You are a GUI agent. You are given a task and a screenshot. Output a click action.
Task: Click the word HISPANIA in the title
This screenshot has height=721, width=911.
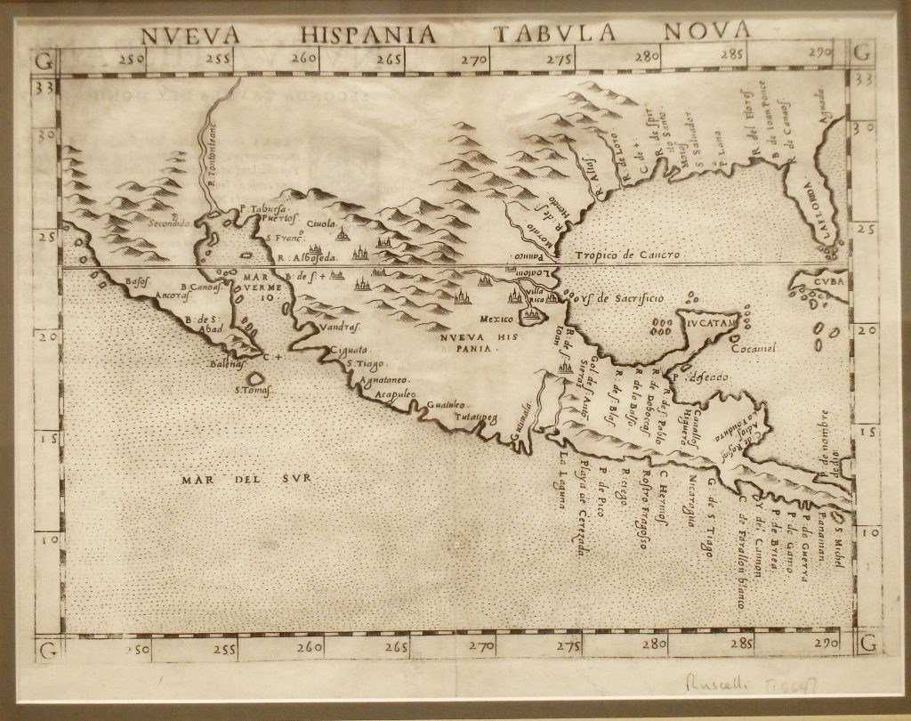point(368,34)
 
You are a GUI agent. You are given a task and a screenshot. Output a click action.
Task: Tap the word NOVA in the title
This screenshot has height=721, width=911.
point(707,31)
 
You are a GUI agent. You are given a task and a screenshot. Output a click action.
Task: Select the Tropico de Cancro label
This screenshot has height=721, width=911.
point(627,255)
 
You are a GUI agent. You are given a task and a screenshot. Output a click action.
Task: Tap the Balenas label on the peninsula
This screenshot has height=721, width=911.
point(226,364)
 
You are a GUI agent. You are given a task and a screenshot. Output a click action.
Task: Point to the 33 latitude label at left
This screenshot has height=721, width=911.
point(43,88)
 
